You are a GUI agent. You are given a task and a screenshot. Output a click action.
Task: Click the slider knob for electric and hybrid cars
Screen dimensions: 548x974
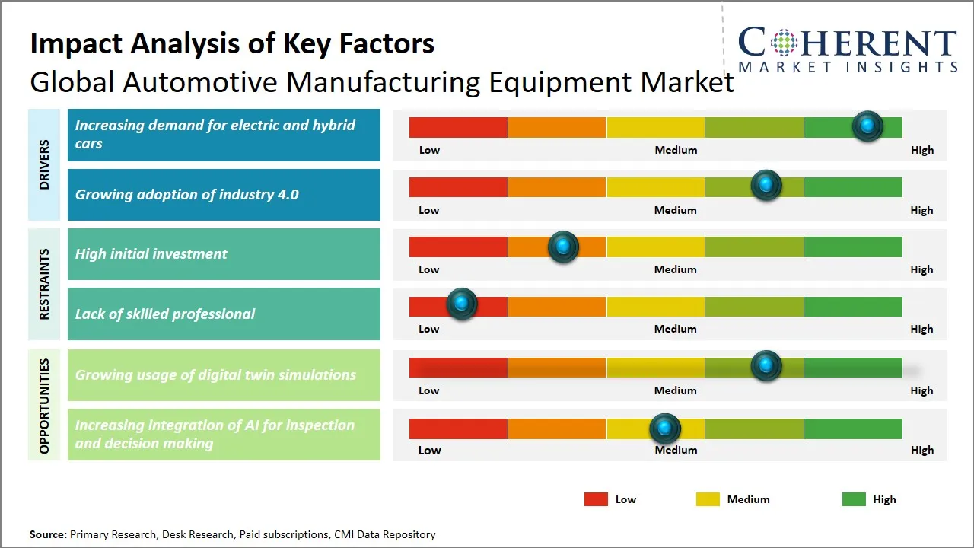click(867, 126)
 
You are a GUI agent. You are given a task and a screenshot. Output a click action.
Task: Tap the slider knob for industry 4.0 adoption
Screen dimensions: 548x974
click(766, 186)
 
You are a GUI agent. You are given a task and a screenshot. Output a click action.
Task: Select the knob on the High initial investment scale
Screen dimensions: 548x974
click(563, 246)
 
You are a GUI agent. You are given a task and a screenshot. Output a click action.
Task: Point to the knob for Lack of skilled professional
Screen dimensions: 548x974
click(461, 304)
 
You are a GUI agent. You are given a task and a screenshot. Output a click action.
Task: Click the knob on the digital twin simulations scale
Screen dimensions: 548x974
click(766, 366)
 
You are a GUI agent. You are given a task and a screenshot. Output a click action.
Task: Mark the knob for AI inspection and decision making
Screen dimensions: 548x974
click(665, 429)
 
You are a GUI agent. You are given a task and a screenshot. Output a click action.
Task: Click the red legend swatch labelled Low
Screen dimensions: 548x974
click(596, 499)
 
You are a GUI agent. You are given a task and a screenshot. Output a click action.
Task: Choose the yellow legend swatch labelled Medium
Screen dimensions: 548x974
click(708, 499)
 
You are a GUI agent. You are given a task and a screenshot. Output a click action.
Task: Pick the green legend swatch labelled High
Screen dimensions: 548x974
click(854, 499)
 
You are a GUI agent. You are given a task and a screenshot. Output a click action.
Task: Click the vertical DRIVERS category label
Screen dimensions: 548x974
click(44, 164)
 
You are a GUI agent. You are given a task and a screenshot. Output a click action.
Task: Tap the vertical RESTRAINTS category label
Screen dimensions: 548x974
click(44, 284)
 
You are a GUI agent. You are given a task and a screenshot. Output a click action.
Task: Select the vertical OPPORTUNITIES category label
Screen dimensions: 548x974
click(44, 406)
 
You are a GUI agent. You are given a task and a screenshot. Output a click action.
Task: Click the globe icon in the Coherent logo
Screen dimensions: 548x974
click(783, 43)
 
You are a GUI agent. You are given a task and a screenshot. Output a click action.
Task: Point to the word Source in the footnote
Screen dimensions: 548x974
click(48, 534)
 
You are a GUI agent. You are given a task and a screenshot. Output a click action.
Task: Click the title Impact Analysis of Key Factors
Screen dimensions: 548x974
click(232, 44)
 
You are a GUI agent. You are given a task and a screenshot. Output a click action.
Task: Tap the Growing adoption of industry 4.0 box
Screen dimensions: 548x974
click(224, 195)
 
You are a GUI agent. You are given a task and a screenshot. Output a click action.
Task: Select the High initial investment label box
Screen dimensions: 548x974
click(224, 254)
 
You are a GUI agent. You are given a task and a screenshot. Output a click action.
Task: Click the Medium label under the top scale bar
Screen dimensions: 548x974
click(676, 150)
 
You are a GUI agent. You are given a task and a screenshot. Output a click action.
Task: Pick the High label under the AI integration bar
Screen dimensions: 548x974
click(921, 450)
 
